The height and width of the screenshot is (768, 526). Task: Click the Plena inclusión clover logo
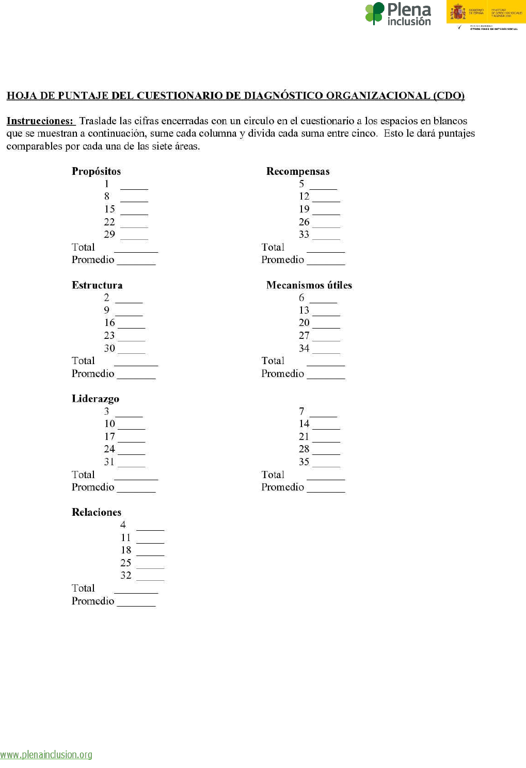[375, 13]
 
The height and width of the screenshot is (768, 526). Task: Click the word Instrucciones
[40, 121]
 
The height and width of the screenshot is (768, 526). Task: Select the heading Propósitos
[96, 171]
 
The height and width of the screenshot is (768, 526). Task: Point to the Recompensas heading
[298, 171]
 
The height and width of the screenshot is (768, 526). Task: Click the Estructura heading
[97, 285]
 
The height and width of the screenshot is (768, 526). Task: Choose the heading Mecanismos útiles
[309, 285]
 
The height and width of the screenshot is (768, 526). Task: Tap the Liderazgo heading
[95, 399]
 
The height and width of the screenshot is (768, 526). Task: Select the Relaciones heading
[97, 512]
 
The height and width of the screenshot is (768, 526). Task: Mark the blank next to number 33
[326, 238]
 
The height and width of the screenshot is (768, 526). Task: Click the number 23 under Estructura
[109, 336]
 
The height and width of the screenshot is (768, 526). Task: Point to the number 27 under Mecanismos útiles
[304, 336]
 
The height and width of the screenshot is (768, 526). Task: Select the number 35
[304, 462]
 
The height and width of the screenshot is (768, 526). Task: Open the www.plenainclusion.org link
[46, 755]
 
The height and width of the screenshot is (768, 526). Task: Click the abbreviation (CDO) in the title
[449, 95]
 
